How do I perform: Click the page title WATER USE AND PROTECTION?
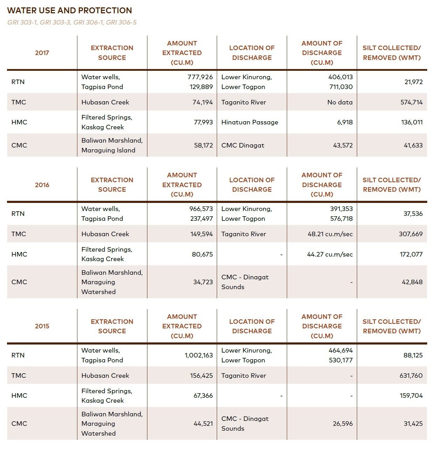click(69, 11)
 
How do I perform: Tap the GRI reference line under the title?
click(72, 22)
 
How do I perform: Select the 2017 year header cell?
click(42, 53)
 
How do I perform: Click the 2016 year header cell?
click(42, 185)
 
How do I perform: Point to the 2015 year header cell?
click(42, 326)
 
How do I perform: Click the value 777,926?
click(200, 77)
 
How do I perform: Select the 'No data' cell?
click(340, 102)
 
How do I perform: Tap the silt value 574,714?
click(411, 102)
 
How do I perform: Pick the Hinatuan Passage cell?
click(250, 122)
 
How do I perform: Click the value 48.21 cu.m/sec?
click(330, 234)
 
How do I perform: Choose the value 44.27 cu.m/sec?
click(330, 254)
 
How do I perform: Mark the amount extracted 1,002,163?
click(199, 355)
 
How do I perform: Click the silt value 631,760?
click(411, 376)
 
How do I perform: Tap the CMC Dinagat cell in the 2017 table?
click(243, 145)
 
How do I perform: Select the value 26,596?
click(343, 424)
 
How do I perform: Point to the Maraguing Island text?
click(108, 150)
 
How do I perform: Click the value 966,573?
click(201, 209)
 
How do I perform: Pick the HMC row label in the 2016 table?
click(19, 254)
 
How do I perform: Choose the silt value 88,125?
click(413, 355)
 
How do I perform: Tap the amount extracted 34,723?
click(203, 282)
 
